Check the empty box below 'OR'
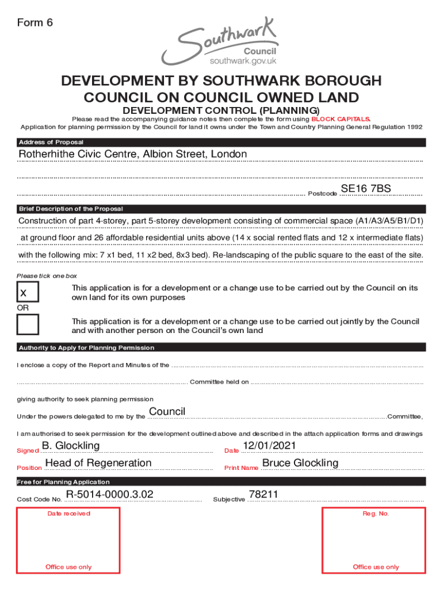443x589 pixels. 28,325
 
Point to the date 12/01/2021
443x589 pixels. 269,446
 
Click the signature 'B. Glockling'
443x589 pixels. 71,446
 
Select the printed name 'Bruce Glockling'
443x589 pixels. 300,463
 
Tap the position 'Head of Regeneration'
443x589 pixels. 98,463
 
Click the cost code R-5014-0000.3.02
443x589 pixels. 109,495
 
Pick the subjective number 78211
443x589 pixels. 263,495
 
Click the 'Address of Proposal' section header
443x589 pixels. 51,143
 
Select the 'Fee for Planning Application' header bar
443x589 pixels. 63,482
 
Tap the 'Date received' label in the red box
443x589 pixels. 68,514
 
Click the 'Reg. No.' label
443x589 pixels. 376,514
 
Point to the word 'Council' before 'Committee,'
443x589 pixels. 167,412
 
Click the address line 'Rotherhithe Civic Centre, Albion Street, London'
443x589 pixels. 133,154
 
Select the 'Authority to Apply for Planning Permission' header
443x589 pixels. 86,348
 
